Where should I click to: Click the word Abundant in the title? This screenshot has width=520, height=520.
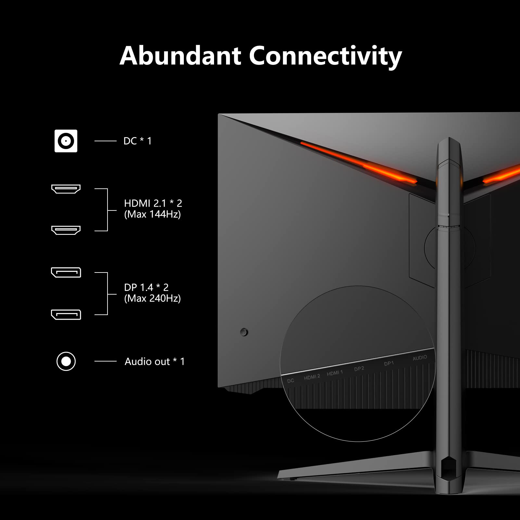[x=180, y=56]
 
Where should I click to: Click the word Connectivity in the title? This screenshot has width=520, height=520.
[x=325, y=56]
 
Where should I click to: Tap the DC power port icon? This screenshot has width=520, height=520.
[x=66, y=141]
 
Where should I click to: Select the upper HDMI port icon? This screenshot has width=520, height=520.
[x=66, y=189]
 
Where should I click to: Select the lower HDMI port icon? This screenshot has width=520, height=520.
[x=66, y=230]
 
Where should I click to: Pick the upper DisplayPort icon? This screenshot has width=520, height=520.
[x=66, y=272]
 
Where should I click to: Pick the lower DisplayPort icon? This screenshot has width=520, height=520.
[x=66, y=314]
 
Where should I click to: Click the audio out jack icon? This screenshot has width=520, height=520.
[x=66, y=361]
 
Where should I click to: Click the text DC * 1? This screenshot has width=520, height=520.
[x=137, y=141]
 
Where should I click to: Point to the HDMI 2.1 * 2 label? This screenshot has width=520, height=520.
[x=153, y=203]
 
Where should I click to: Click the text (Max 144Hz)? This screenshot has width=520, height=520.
[x=152, y=214]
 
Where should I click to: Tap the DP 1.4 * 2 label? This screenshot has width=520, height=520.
[x=146, y=287]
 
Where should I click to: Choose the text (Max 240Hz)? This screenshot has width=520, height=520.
[x=152, y=298]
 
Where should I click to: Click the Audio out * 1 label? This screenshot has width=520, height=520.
[x=155, y=361]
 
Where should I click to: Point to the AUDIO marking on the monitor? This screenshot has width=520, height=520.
[x=420, y=358]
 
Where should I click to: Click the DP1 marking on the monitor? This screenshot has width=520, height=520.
[x=389, y=363]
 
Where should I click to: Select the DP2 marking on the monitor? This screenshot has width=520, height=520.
[x=359, y=369]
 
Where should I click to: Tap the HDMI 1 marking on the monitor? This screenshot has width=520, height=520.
[x=335, y=373]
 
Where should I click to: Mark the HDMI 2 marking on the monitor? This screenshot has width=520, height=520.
[x=312, y=377]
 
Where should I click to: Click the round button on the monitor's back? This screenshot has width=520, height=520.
[x=244, y=332]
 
